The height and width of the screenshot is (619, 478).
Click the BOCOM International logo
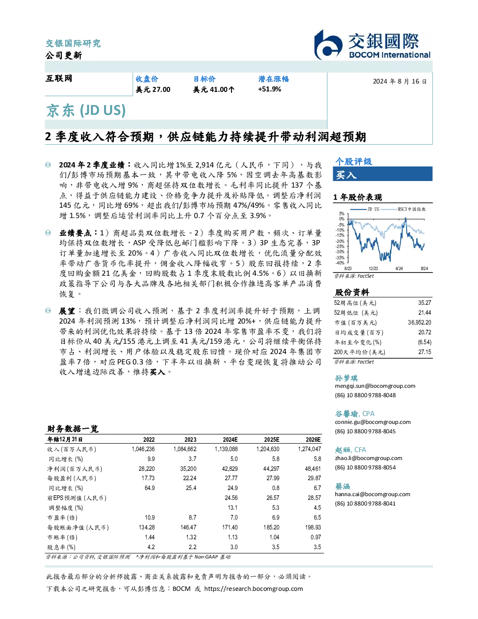372,45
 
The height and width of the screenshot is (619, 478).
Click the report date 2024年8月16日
400,82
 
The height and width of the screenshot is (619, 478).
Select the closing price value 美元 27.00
153,90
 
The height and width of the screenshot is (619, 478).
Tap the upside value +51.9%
269,89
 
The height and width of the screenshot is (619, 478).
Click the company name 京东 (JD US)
86,110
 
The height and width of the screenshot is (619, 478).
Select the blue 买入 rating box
382,174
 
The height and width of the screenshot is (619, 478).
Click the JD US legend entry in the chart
366,209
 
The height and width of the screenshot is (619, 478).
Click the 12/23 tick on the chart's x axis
373,269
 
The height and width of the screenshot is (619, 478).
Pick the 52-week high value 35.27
425,303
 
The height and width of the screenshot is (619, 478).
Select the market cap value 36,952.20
419,323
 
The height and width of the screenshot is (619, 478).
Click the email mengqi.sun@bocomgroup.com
375,386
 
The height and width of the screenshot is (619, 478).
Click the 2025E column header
272,439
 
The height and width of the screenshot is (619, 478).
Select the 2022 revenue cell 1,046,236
143,449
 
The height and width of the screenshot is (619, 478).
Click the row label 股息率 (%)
61,547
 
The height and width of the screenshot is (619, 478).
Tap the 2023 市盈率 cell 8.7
193,518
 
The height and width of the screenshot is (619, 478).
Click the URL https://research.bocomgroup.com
254,589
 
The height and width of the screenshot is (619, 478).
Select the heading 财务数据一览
73,429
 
